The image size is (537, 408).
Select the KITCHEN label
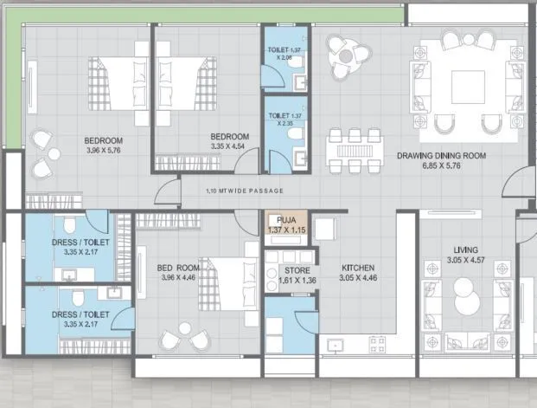click(358, 268)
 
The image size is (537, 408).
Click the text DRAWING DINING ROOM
click(441, 156)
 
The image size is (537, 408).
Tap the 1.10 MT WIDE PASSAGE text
click(246, 190)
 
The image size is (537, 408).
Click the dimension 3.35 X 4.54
click(230, 147)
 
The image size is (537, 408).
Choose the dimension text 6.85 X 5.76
click(442, 166)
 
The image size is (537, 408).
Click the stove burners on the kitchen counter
click(377, 344)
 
